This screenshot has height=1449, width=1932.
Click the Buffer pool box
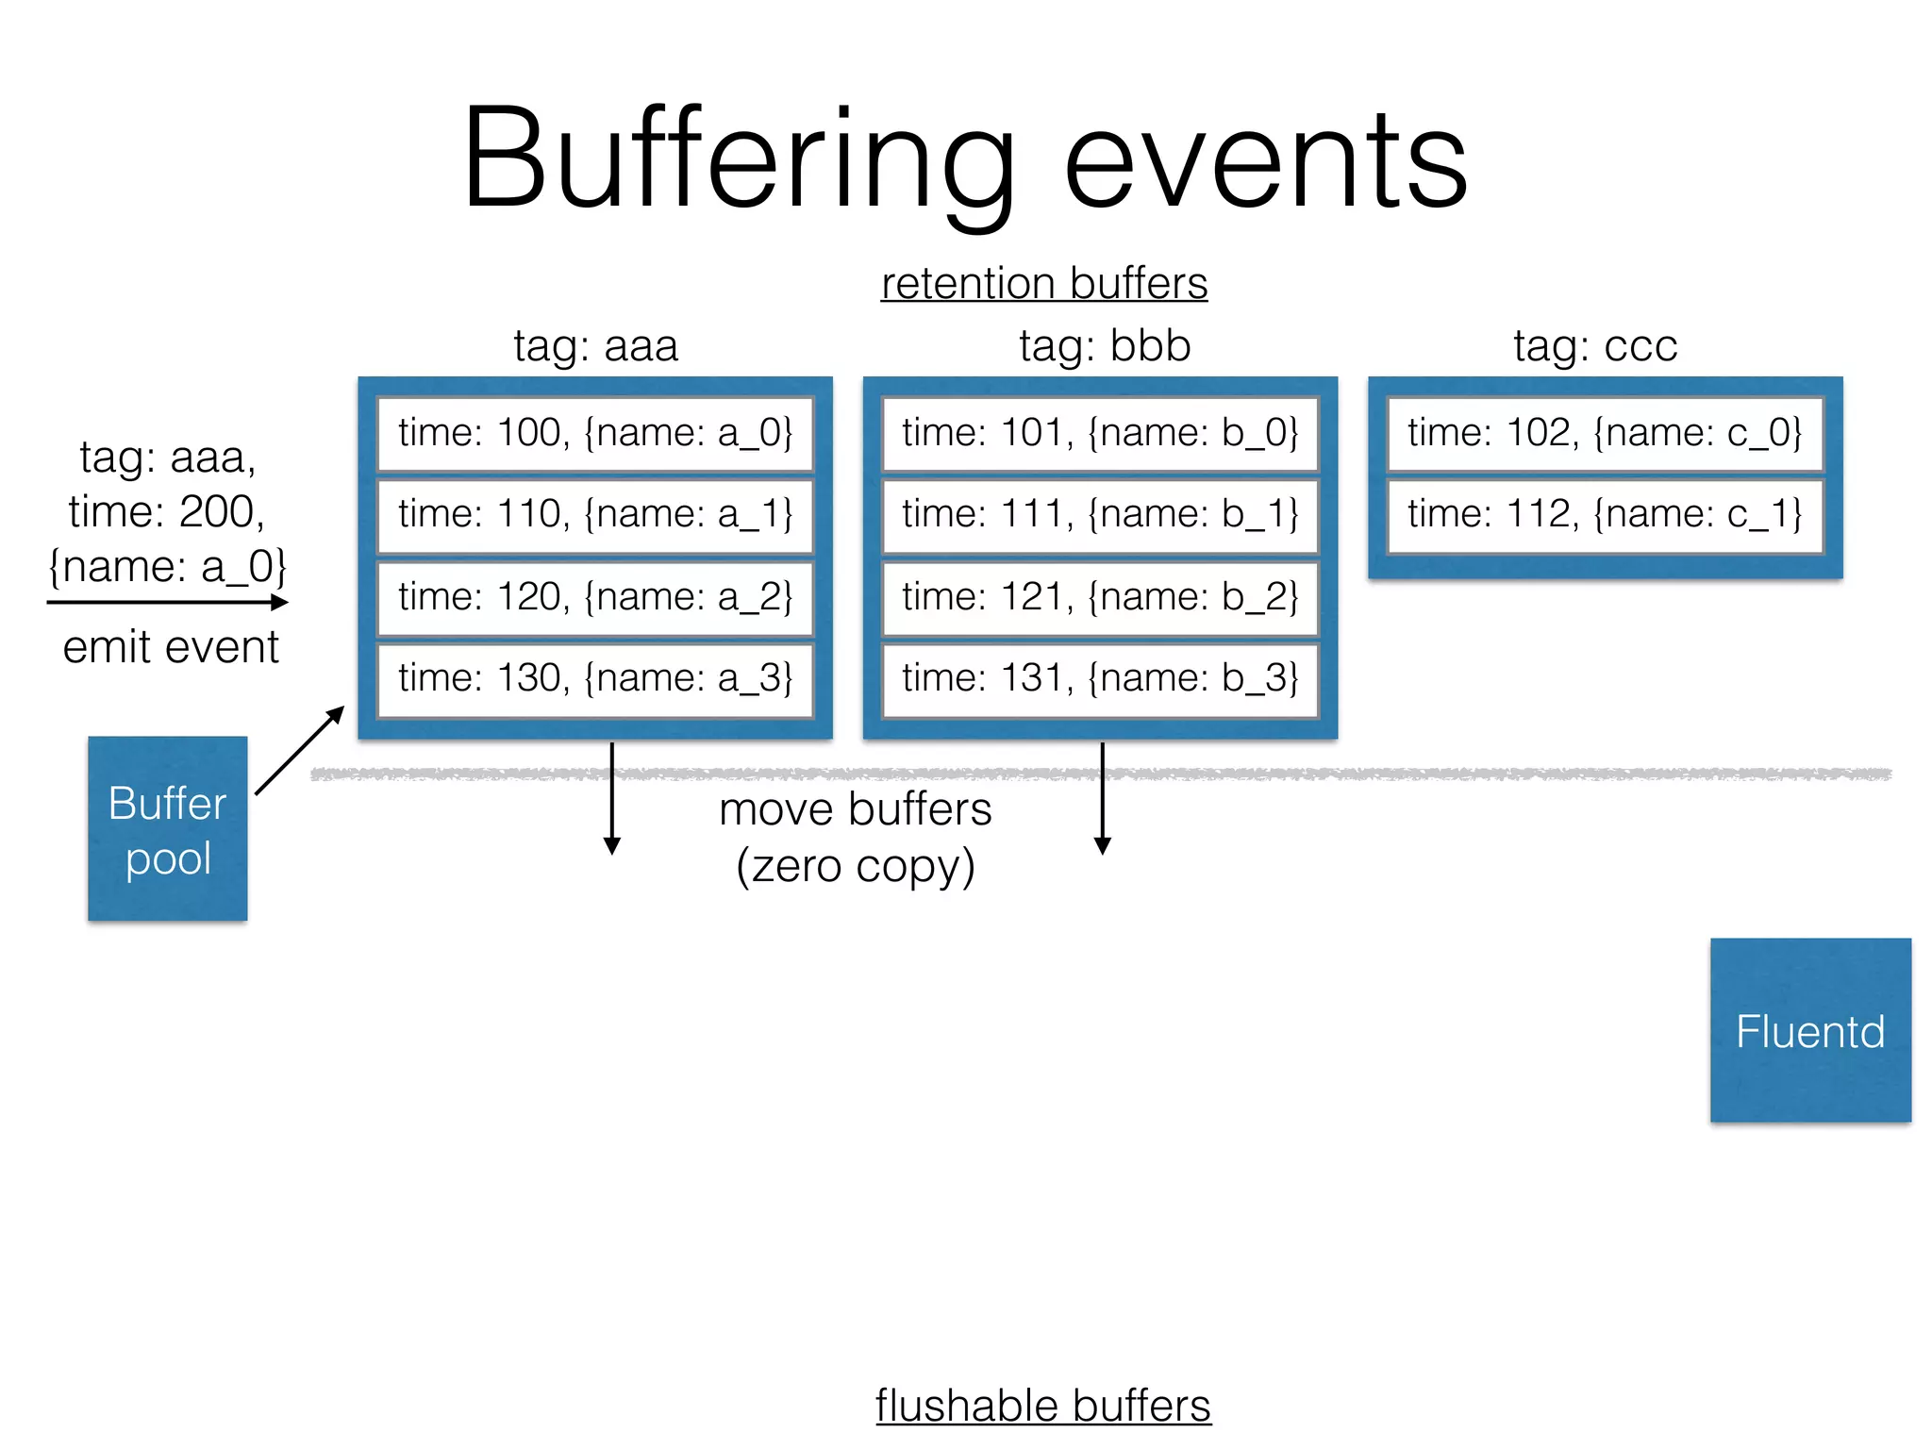pyautogui.click(x=167, y=828)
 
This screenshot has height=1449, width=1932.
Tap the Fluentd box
pyautogui.click(x=1809, y=1029)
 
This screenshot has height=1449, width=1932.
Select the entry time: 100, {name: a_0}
pyautogui.click(x=595, y=433)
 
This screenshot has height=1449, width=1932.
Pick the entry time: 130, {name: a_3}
pyautogui.click(x=595, y=678)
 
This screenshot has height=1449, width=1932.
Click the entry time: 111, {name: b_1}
pyautogui.click(x=1100, y=515)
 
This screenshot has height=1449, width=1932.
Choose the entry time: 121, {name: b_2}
pyautogui.click(x=1100, y=597)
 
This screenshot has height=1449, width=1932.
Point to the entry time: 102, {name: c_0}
pyautogui.click(x=1605, y=433)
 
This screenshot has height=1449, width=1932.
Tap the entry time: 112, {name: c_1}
pyautogui.click(x=1605, y=515)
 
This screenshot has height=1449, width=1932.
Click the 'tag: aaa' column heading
pyautogui.click(x=595, y=345)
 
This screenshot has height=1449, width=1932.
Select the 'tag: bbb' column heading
pyautogui.click(x=1105, y=345)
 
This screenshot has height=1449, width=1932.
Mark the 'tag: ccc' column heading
pyautogui.click(x=1595, y=345)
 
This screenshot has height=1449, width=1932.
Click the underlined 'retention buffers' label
pyautogui.click(x=1043, y=283)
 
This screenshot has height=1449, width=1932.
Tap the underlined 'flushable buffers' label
pyautogui.click(x=1042, y=1405)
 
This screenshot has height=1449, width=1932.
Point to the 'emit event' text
pyautogui.click(x=171, y=647)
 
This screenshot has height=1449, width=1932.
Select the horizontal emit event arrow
pyautogui.click(x=167, y=602)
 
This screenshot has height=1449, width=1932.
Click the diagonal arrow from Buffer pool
pyautogui.click(x=298, y=751)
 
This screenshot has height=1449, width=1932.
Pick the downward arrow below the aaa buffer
pyautogui.click(x=612, y=798)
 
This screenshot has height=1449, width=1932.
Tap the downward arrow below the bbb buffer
pyautogui.click(x=1102, y=798)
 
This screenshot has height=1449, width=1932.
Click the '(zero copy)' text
pyautogui.click(x=855, y=866)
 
